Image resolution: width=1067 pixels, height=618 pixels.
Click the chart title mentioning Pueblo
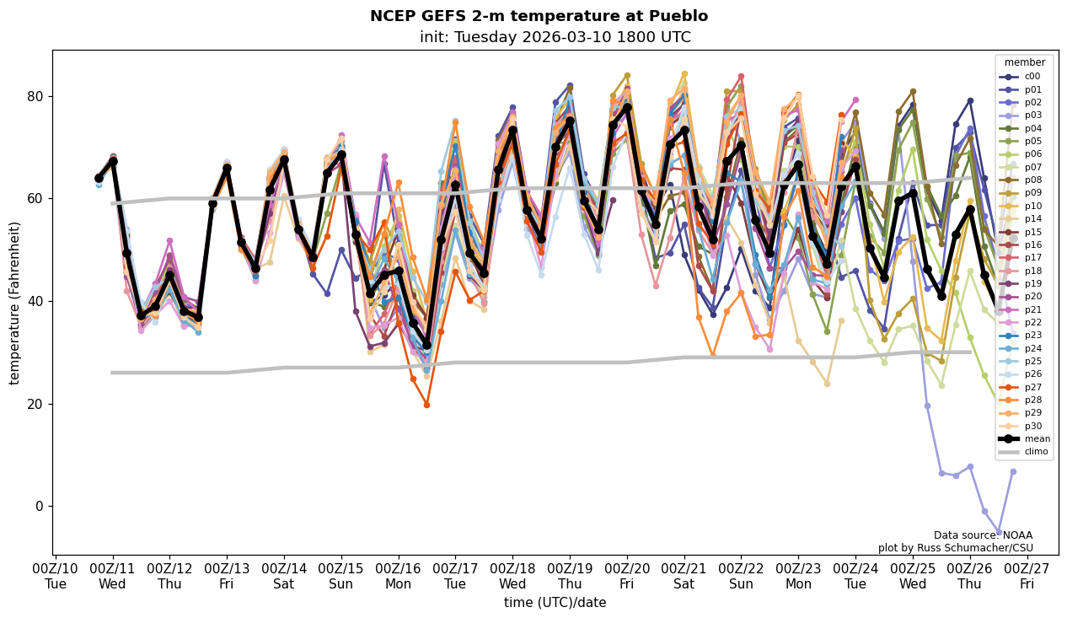(x=539, y=16)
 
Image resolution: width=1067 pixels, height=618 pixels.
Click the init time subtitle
(x=555, y=37)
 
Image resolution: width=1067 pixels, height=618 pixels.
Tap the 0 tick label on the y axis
(x=39, y=507)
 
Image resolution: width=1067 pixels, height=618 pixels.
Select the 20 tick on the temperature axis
(x=35, y=404)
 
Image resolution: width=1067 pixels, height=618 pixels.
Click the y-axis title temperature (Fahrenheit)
(x=14, y=303)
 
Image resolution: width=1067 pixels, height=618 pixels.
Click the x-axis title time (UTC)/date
(x=555, y=603)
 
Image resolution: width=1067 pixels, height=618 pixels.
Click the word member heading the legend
(x=1024, y=62)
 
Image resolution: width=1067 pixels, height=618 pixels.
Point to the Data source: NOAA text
(x=983, y=535)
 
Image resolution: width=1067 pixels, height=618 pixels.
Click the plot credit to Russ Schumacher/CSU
(x=955, y=548)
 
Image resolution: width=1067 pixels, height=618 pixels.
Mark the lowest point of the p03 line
(x=999, y=533)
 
